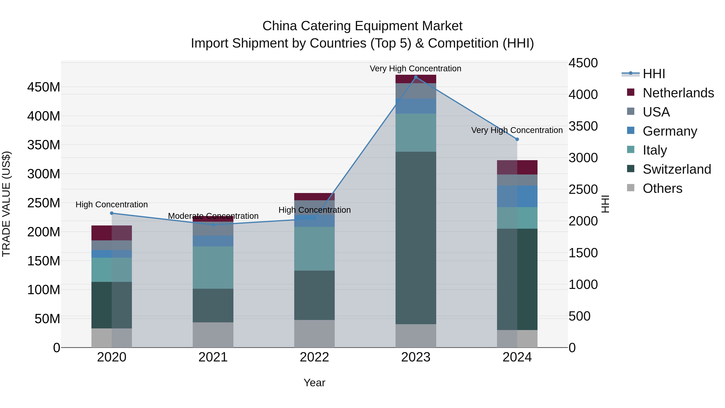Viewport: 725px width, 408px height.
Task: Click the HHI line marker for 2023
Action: point(416,77)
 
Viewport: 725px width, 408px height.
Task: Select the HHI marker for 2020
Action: point(112,213)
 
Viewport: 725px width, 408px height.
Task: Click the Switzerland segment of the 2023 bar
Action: point(416,238)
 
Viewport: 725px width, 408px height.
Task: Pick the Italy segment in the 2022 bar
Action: point(314,249)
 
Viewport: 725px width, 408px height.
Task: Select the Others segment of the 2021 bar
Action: point(213,335)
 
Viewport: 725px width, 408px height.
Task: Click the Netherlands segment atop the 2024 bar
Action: point(517,167)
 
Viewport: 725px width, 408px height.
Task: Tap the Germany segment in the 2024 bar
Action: point(517,196)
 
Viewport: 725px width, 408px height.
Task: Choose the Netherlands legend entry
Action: point(678,93)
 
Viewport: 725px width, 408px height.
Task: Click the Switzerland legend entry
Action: point(677,169)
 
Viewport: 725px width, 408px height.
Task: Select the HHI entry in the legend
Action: point(654,74)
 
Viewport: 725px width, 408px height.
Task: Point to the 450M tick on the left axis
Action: point(44,87)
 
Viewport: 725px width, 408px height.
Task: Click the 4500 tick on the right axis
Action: point(583,63)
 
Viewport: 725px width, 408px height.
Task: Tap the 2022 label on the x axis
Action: point(314,357)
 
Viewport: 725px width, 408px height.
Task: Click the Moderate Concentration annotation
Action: point(213,216)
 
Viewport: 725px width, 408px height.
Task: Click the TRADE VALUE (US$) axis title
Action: point(6,204)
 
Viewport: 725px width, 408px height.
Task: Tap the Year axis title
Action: point(314,383)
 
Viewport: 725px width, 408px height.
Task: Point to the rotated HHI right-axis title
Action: point(605,204)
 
